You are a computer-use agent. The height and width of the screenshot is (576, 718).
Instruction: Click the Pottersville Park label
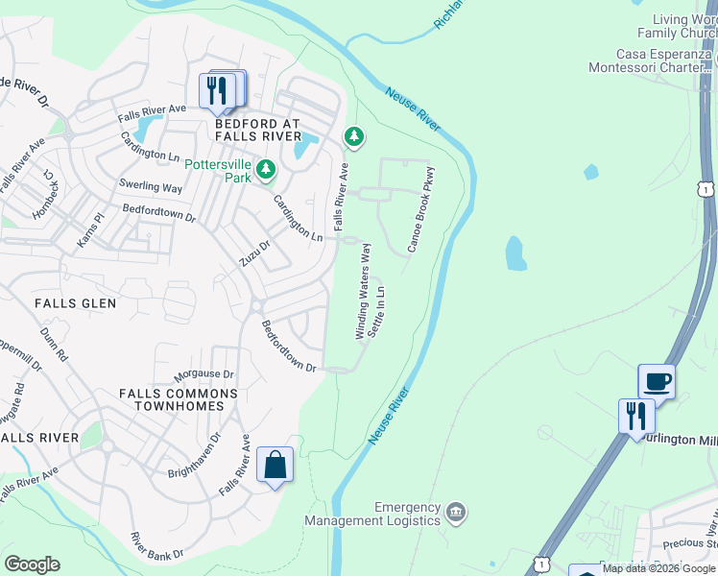coord(218,171)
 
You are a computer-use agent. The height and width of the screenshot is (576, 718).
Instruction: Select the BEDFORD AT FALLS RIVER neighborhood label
coord(257,131)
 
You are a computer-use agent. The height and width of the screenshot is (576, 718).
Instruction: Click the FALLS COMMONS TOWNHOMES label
coord(179,399)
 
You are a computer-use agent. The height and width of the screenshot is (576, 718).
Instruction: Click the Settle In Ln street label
coord(381,308)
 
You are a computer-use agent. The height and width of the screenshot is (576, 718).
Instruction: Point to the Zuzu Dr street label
coord(255,254)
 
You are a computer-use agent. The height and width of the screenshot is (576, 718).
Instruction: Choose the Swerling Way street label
coord(151,187)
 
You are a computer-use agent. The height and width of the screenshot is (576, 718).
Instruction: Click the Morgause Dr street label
coord(203,374)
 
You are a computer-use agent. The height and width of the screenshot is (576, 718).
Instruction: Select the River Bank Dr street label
coord(157,545)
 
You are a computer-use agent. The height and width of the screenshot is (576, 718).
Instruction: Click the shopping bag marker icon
coord(275,466)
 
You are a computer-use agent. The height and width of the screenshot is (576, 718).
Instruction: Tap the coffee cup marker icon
coord(657,381)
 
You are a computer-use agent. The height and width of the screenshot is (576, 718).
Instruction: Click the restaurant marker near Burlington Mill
coord(635,417)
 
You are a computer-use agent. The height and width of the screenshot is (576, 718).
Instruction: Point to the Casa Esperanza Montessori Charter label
coord(653,60)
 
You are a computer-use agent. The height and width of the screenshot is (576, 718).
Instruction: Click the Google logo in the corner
coord(32,564)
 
